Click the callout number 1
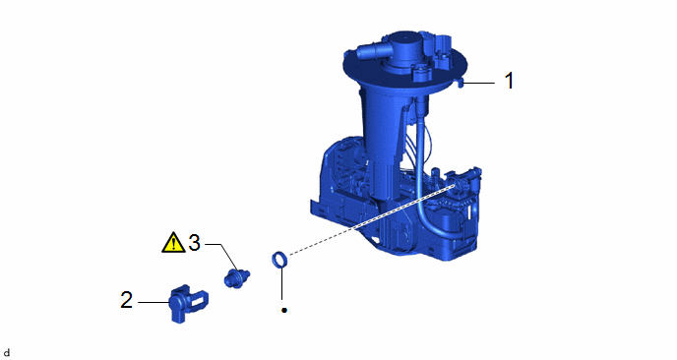[x=510, y=81]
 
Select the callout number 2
[x=127, y=300]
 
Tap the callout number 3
[x=195, y=243]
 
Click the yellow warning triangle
[x=173, y=243]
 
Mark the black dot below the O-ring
[x=284, y=310]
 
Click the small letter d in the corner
[x=6, y=353]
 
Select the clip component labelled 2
[x=187, y=303]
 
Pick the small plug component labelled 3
[x=236, y=278]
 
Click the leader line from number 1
[x=479, y=83]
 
